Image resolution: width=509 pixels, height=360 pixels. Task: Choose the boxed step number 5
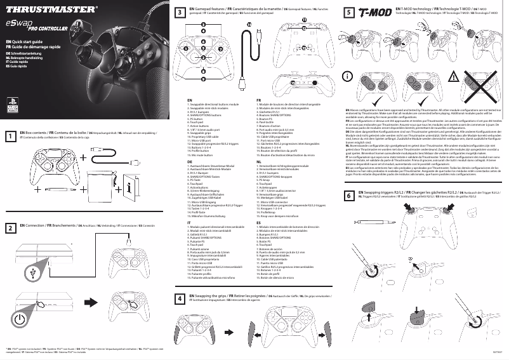[350, 12]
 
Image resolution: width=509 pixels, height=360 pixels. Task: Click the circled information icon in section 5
[347, 76]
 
